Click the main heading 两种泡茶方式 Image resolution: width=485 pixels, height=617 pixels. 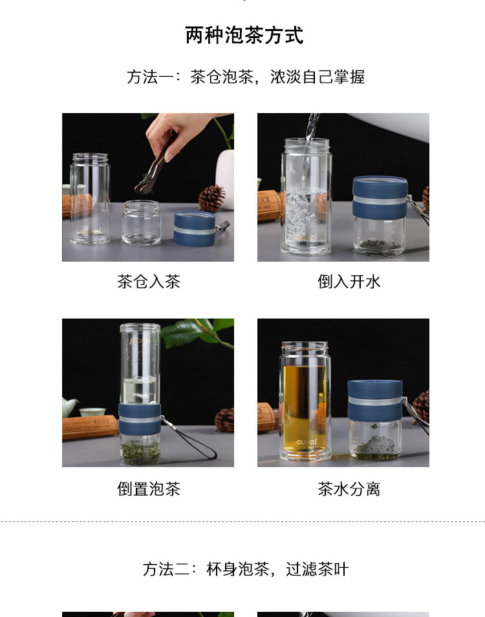tap(244, 36)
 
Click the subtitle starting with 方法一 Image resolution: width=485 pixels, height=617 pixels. tap(246, 77)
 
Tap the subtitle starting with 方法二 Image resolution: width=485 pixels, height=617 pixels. tap(246, 569)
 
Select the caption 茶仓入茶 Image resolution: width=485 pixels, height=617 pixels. tap(149, 282)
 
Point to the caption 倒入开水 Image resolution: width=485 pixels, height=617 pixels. tap(349, 282)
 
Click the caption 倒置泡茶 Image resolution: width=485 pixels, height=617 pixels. tap(149, 489)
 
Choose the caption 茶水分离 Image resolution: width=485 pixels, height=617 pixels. tap(349, 489)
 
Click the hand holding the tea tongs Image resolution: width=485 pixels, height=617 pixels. tap(178, 133)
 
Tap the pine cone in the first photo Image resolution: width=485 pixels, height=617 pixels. tap(211, 198)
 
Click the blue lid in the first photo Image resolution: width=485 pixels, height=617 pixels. tap(194, 228)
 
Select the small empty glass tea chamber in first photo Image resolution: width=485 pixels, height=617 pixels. tap(141, 222)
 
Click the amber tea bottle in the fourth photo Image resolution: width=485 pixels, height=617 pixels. tap(305, 401)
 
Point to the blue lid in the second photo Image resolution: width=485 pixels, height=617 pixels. tap(380, 198)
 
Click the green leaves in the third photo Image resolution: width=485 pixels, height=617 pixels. tap(197, 333)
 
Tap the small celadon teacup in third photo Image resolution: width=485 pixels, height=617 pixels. tap(92, 412)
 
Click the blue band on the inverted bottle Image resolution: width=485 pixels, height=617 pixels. tap(140, 419)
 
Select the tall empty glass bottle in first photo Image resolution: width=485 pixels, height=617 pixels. tap(91, 199)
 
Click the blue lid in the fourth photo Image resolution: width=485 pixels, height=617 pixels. tap(375, 401)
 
